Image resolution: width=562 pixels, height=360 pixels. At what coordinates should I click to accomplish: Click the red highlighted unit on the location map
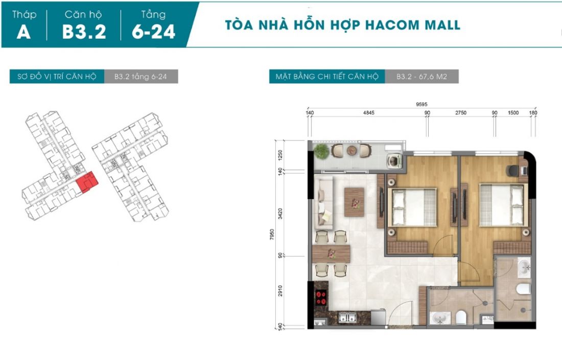point(86,182)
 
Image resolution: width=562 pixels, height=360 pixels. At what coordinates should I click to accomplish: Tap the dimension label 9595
point(422,105)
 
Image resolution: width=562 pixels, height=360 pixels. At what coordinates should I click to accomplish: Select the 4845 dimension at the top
point(368,113)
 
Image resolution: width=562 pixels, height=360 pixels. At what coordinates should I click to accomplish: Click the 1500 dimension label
point(513,113)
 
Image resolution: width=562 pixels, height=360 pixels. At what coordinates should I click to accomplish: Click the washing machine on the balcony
point(394,161)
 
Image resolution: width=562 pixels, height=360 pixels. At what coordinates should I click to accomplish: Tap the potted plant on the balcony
point(321,151)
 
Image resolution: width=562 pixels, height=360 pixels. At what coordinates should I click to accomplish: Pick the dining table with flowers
point(332,253)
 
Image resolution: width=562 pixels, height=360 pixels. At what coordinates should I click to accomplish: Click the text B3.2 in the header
point(84,31)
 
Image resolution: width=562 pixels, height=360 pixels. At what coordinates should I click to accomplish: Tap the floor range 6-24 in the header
point(153,31)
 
